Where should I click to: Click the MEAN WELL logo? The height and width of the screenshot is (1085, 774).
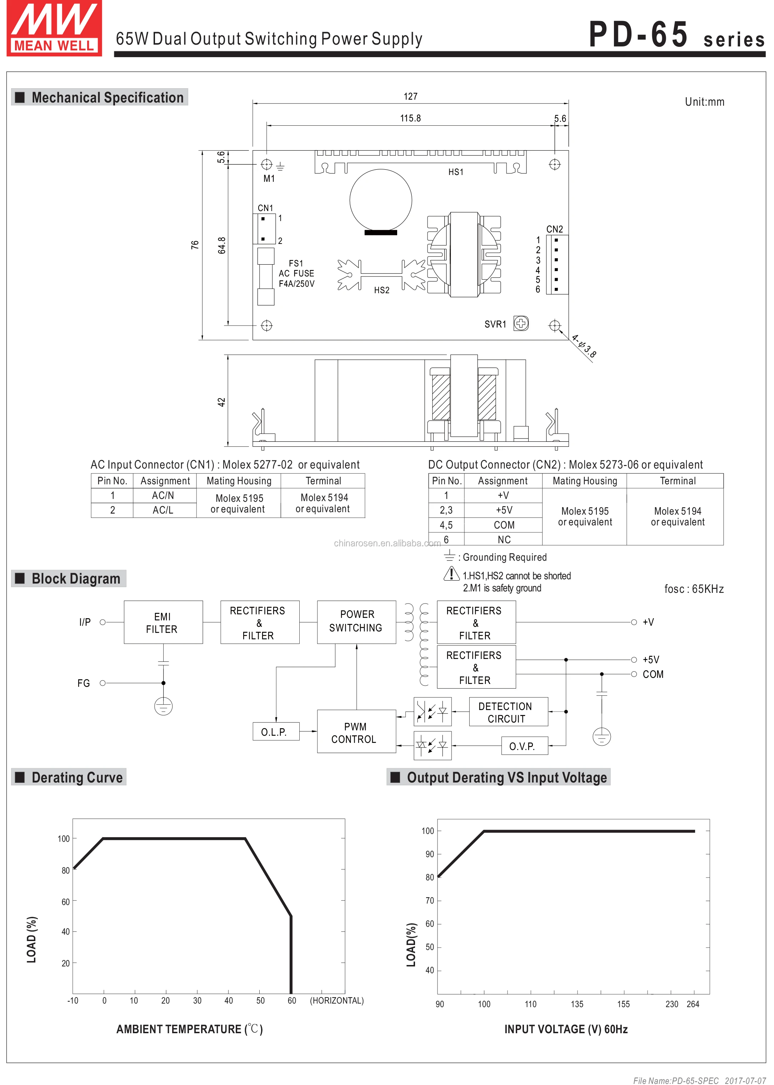pos(54,28)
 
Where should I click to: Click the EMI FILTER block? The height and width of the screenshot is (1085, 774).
pos(163,622)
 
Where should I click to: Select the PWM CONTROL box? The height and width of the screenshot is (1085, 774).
pos(356,731)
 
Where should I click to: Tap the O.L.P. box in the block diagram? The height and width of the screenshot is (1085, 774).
pos(276,731)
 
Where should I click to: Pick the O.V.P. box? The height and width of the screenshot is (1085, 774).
pos(524,746)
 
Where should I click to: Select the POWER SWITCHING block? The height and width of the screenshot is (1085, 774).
pos(356,622)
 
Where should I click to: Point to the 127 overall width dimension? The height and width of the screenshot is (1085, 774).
pos(410,97)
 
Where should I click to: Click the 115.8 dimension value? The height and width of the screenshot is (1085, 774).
pos(410,118)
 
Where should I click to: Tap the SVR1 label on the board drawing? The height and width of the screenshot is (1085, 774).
pos(495,324)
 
